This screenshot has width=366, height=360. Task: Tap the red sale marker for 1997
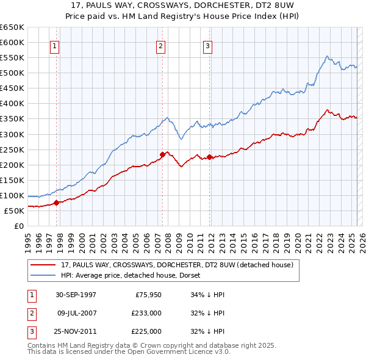click(57, 203)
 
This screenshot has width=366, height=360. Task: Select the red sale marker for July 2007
click(163, 154)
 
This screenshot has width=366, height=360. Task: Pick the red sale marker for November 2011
click(210, 157)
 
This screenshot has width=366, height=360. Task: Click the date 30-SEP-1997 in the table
click(76, 295)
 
